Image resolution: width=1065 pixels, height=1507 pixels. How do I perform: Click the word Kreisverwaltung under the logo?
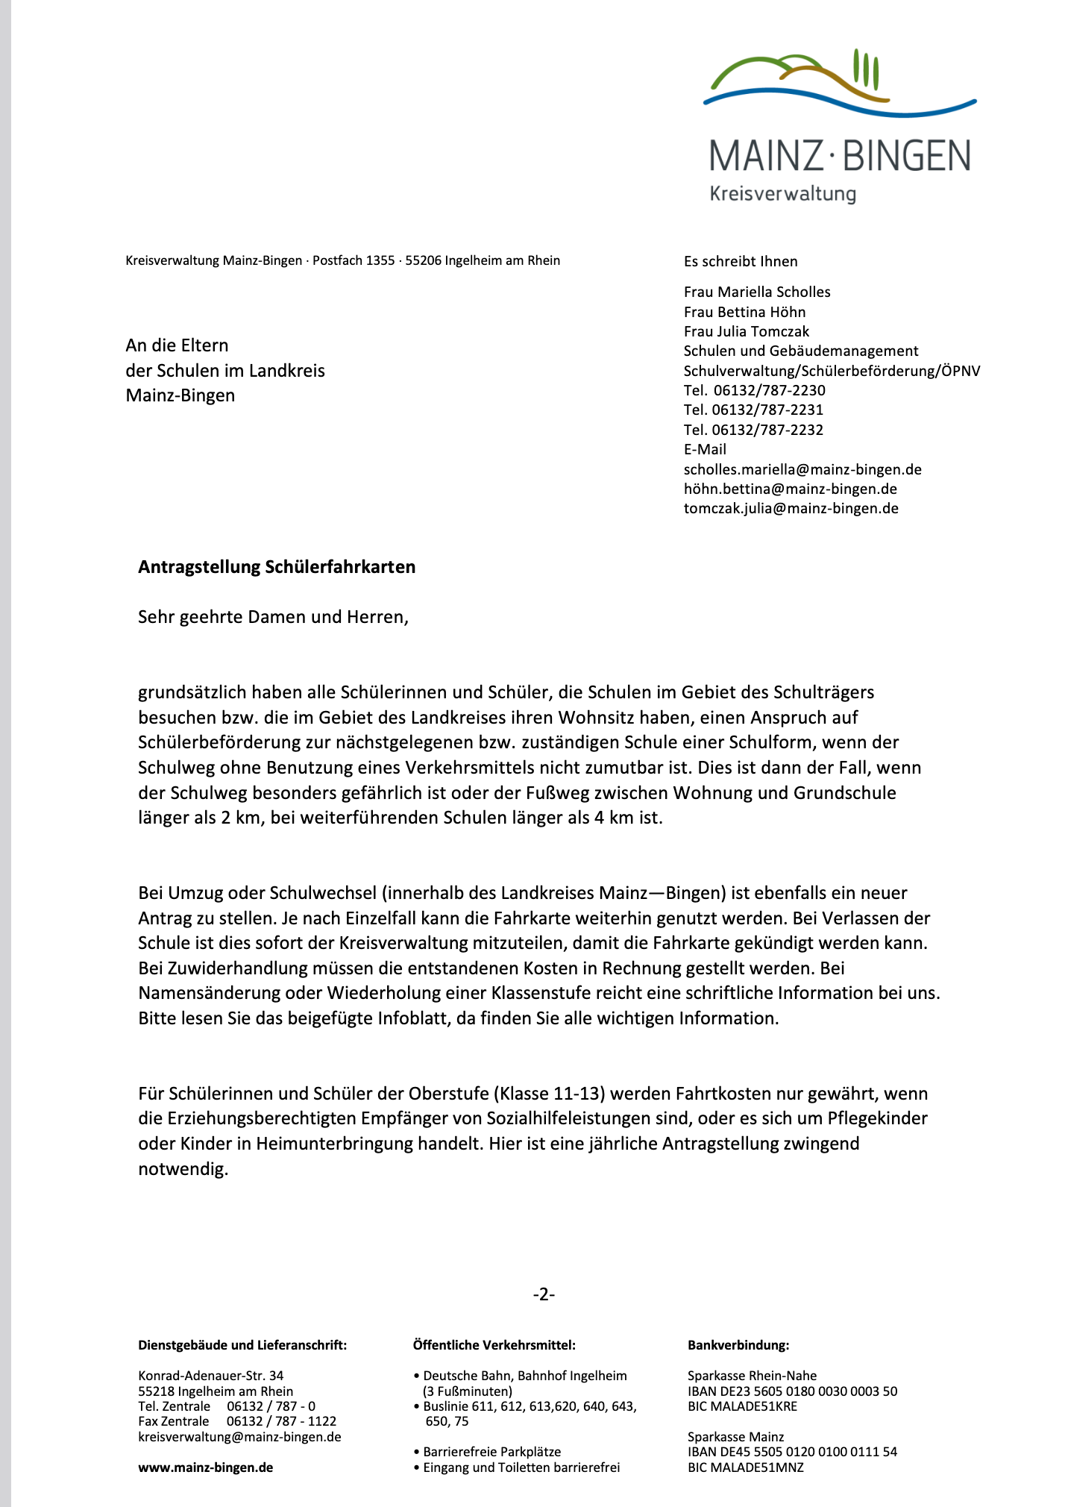point(782,194)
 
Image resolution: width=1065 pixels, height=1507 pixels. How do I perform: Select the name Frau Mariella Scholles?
point(757,292)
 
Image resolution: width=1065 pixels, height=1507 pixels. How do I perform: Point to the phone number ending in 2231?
point(753,410)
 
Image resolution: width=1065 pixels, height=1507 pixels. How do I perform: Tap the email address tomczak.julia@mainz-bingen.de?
point(791,509)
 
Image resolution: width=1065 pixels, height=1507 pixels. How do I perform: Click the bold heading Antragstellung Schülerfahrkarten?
point(277,567)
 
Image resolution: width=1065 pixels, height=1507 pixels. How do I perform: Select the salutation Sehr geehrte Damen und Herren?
point(273,617)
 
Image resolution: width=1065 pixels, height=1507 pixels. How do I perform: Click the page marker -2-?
point(544,1294)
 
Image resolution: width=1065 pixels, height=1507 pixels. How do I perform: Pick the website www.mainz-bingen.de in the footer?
point(205,1467)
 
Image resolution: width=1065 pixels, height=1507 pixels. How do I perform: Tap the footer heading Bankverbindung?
point(738,1345)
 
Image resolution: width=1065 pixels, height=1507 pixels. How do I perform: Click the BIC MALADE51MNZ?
point(745,1467)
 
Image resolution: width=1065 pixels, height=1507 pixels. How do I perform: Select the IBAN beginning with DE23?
point(792,1391)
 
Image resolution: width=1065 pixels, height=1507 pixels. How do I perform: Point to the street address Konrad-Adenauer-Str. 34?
point(210,1376)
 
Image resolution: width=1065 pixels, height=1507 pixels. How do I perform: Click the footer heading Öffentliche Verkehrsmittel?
point(494,1345)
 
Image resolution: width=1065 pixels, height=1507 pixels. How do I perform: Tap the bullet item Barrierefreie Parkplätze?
point(491,1452)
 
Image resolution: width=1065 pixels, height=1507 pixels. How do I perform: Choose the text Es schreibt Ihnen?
point(741,262)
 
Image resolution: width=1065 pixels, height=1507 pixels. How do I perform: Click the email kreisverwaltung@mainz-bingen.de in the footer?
point(239,1437)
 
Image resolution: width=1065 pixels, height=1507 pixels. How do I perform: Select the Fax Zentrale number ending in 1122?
point(281,1421)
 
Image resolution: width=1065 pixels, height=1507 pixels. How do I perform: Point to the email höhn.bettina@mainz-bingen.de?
point(790,489)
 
